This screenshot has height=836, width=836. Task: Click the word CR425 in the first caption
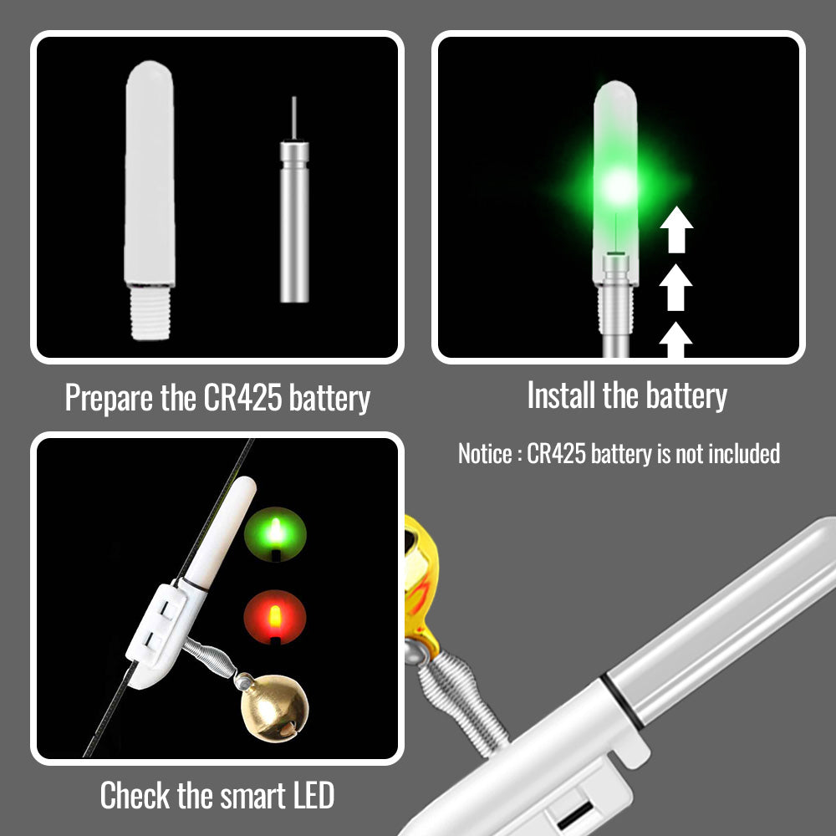click(242, 397)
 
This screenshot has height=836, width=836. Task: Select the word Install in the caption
click(562, 395)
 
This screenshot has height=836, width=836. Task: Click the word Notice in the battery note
click(485, 454)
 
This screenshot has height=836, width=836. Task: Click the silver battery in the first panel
click(294, 221)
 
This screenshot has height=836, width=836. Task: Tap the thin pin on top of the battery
click(293, 118)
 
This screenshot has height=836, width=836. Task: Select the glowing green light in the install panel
click(619, 186)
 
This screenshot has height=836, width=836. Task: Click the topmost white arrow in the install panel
click(676, 229)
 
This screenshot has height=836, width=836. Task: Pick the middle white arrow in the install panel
click(675, 288)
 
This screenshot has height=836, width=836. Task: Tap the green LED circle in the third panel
click(275, 534)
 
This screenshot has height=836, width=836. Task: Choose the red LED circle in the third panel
click(275, 618)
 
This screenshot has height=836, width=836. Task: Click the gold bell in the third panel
click(274, 707)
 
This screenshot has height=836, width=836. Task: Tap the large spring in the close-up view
click(463, 703)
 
